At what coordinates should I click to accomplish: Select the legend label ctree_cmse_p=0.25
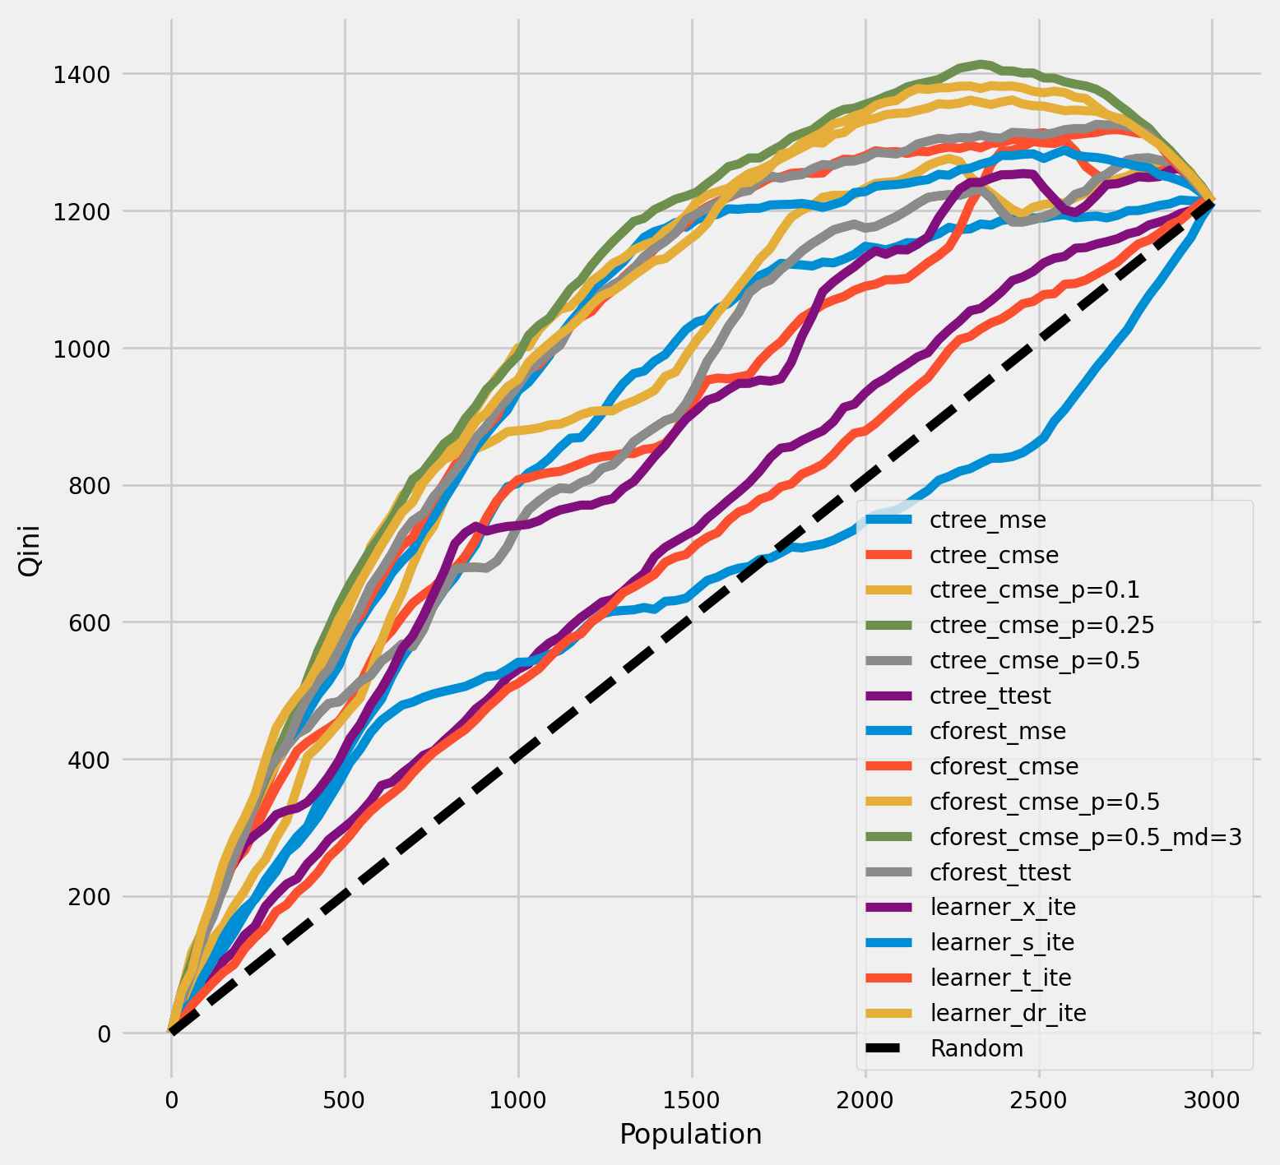[1041, 625]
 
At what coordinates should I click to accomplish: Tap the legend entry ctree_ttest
[990, 696]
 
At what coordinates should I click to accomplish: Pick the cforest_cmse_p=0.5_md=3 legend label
[1085, 837]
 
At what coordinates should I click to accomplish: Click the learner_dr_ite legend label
[1008, 1013]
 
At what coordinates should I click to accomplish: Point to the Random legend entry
[976, 1048]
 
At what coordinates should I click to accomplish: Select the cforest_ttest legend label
[999, 871]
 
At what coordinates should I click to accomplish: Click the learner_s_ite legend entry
[1001, 942]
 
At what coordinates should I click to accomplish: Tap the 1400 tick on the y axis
[81, 75]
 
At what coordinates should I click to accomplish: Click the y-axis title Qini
[29, 553]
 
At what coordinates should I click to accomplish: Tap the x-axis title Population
[690, 1135]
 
